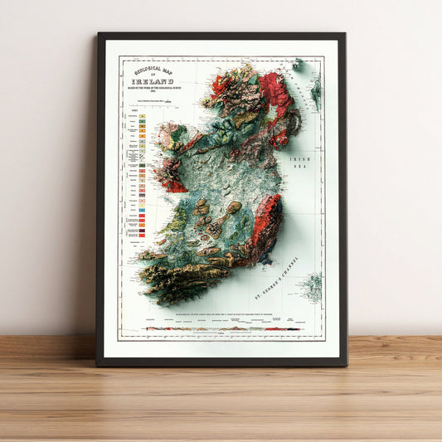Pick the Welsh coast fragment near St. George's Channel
[x=312, y=286]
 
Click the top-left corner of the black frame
[x=99, y=35]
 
